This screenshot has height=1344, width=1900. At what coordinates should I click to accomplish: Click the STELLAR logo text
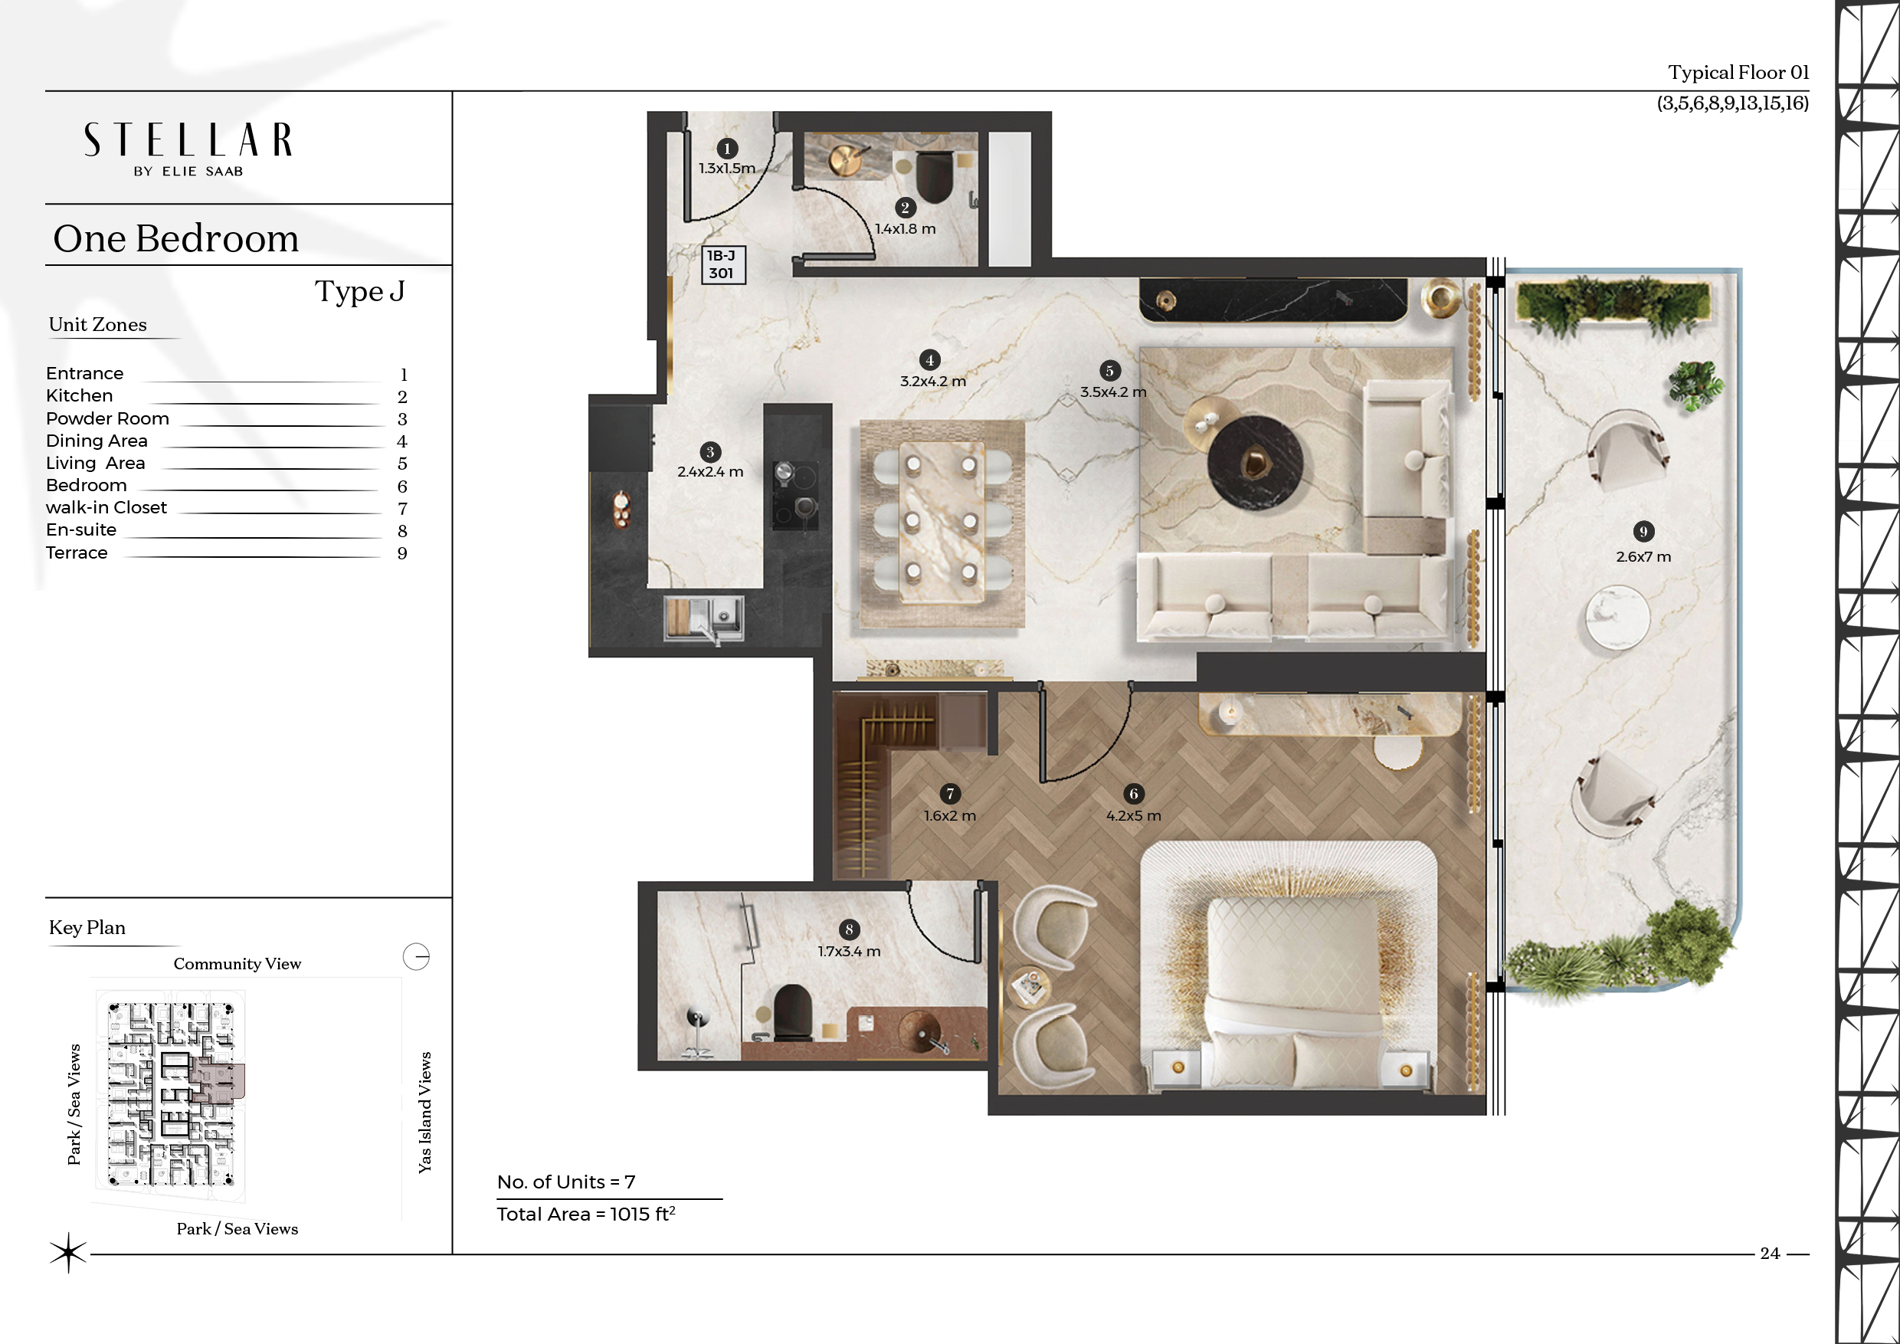[188, 140]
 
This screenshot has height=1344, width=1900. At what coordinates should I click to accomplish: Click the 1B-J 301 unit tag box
[723, 265]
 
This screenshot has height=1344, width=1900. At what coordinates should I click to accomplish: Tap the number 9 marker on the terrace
[1643, 531]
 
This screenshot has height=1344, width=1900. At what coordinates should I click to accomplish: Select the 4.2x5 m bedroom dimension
[1134, 816]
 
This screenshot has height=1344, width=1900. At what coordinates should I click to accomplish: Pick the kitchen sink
[704, 618]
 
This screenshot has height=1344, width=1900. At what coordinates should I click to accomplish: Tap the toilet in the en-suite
[792, 1012]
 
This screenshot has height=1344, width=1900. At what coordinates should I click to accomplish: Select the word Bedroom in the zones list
[86, 486]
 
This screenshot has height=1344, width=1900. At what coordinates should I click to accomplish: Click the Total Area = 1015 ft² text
[586, 1214]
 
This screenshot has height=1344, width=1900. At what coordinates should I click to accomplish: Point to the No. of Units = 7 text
[566, 1182]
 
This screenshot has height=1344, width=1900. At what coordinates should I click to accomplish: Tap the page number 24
[1769, 1254]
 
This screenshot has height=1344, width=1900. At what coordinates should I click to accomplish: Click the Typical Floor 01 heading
[1738, 73]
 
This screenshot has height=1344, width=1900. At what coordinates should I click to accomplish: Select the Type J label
[360, 291]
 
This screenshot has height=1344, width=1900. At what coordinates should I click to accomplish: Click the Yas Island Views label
[424, 1113]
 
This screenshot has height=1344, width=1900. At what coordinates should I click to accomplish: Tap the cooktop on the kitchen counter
[795, 495]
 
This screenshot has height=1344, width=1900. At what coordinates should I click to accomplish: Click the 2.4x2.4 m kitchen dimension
[710, 472]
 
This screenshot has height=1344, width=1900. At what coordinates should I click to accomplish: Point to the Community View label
[237, 964]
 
